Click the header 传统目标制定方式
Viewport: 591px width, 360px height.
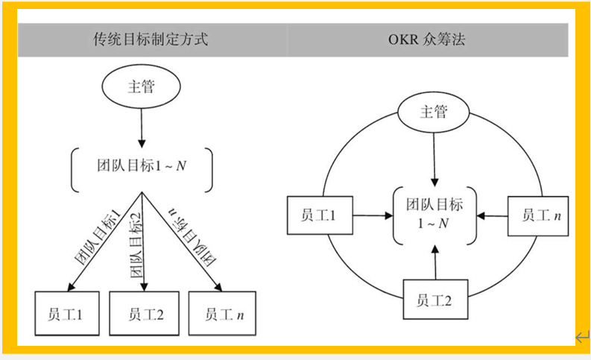coord(150,40)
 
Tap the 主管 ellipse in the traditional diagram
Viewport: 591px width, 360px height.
coord(141,86)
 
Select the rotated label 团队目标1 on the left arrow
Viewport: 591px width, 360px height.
coord(98,237)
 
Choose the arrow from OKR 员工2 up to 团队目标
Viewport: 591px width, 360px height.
coord(434,262)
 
